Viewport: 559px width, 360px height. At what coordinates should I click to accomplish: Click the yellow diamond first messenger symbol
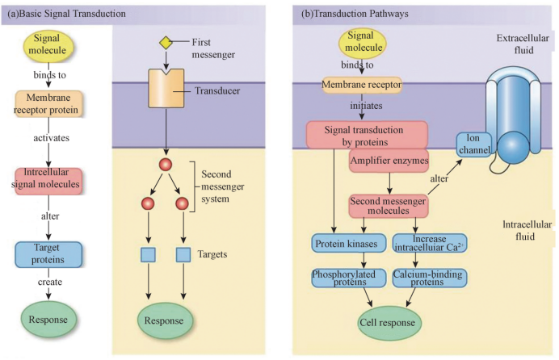pos(165,41)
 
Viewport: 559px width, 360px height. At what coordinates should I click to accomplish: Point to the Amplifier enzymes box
pos(388,161)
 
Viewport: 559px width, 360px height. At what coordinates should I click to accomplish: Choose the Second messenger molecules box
pos(388,206)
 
